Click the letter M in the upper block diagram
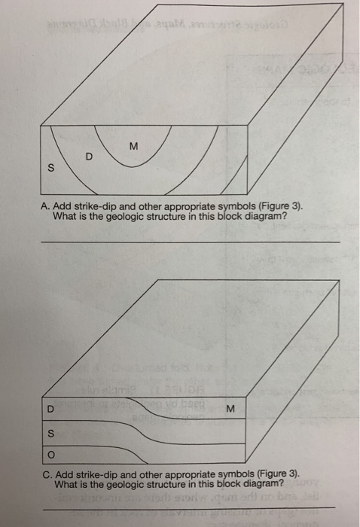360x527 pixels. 133,145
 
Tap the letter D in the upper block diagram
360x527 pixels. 89,157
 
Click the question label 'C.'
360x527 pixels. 47,474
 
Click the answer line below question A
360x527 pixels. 188,242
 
